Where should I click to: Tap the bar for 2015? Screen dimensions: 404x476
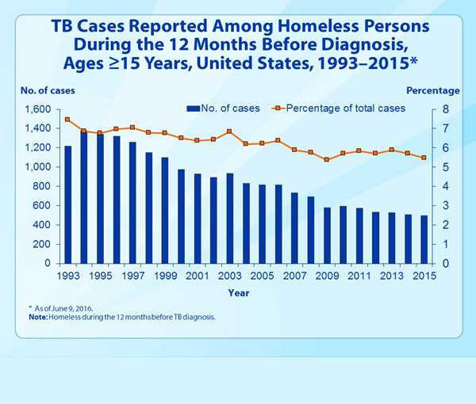(424, 239)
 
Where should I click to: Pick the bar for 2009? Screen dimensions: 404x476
(327, 235)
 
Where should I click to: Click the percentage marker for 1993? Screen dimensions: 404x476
(67, 120)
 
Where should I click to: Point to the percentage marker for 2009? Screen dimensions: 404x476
(327, 159)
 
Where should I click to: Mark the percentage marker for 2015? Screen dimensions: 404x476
(424, 158)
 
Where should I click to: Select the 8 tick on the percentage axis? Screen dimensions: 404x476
(446, 109)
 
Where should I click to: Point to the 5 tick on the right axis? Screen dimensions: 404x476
(446, 167)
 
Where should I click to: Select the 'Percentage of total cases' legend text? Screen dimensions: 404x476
(345, 108)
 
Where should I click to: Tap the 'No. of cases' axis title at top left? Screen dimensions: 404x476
(46, 90)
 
